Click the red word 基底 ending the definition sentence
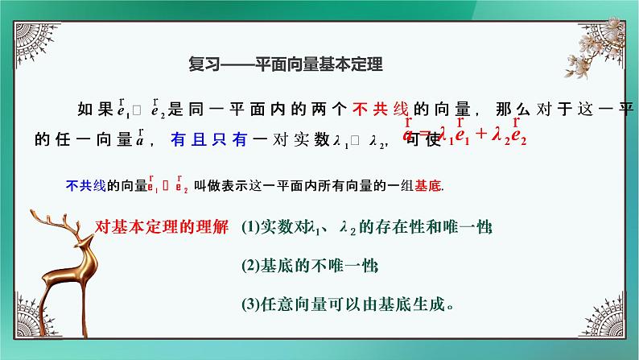click(429, 184)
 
